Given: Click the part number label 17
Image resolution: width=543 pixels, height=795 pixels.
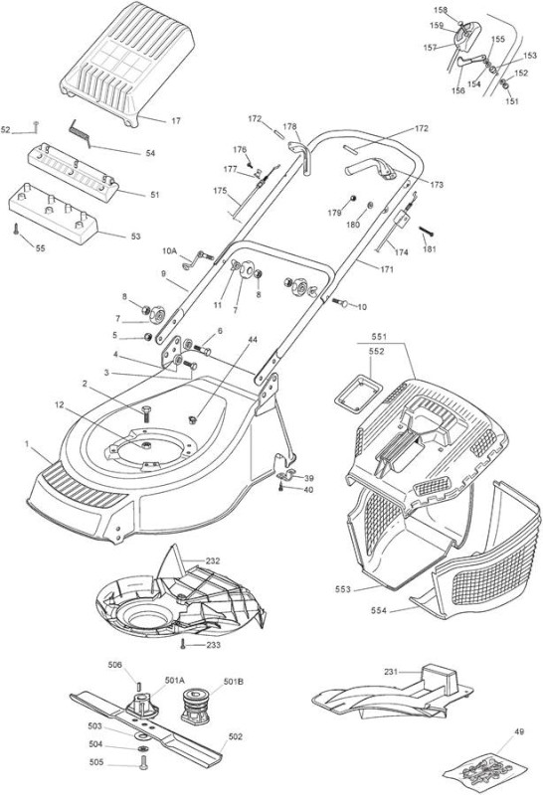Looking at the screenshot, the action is click(176, 121).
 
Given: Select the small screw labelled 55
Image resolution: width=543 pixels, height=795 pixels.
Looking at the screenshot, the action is click(16, 230).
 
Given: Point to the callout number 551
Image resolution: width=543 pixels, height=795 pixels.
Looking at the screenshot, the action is click(379, 337).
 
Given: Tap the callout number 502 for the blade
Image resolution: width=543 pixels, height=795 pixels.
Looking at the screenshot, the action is click(236, 736).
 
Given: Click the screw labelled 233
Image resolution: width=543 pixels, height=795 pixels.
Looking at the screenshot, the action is click(183, 644).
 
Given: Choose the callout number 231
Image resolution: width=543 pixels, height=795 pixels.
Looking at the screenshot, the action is click(391, 672).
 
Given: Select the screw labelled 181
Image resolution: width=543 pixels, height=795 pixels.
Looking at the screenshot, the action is click(428, 232).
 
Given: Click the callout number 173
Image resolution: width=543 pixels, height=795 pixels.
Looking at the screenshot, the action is click(437, 185).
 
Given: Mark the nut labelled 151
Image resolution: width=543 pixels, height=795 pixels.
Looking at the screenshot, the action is click(506, 85).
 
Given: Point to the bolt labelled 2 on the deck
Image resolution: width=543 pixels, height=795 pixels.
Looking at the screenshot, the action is click(145, 412).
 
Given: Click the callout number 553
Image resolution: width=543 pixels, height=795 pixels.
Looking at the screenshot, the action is click(343, 589).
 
